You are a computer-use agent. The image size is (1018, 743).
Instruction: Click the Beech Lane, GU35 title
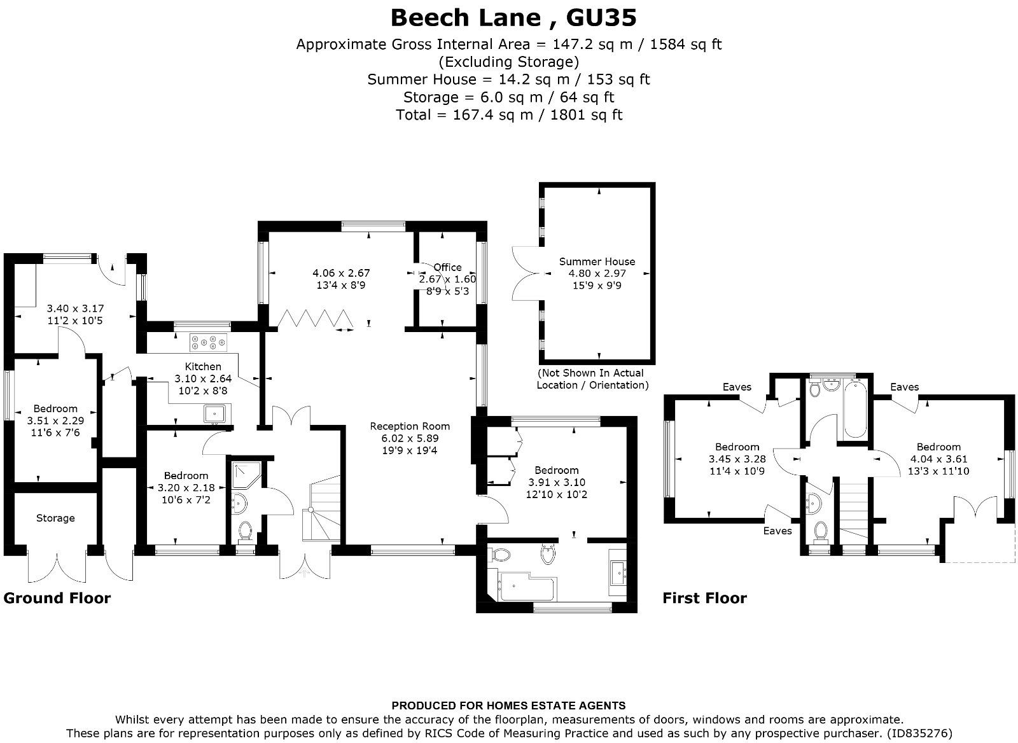pyautogui.click(x=513, y=18)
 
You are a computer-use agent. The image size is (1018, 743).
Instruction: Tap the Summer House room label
pyautogui.click(x=597, y=261)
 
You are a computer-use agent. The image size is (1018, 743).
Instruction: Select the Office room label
pyautogui.click(x=447, y=267)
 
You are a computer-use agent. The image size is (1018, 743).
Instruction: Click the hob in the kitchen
pyautogui.click(x=209, y=343)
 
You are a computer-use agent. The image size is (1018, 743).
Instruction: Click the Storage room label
pyautogui.click(x=55, y=518)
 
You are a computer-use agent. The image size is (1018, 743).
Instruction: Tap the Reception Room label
pyautogui.click(x=410, y=426)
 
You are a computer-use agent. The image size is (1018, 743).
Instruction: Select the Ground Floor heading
pyautogui.click(x=57, y=598)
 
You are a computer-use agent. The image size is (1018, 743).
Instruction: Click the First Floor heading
pyautogui.click(x=704, y=598)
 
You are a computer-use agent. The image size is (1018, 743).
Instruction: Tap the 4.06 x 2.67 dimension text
pyautogui.click(x=341, y=273)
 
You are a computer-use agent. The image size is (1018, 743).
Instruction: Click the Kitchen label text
pyautogui.click(x=203, y=366)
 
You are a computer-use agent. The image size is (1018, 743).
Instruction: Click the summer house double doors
pyautogui.click(x=526, y=274)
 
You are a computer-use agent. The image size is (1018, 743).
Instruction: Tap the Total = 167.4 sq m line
pyautogui.click(x=508, y=115)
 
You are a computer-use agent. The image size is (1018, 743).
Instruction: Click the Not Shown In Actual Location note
pyautogui.click(x=592, y=379)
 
